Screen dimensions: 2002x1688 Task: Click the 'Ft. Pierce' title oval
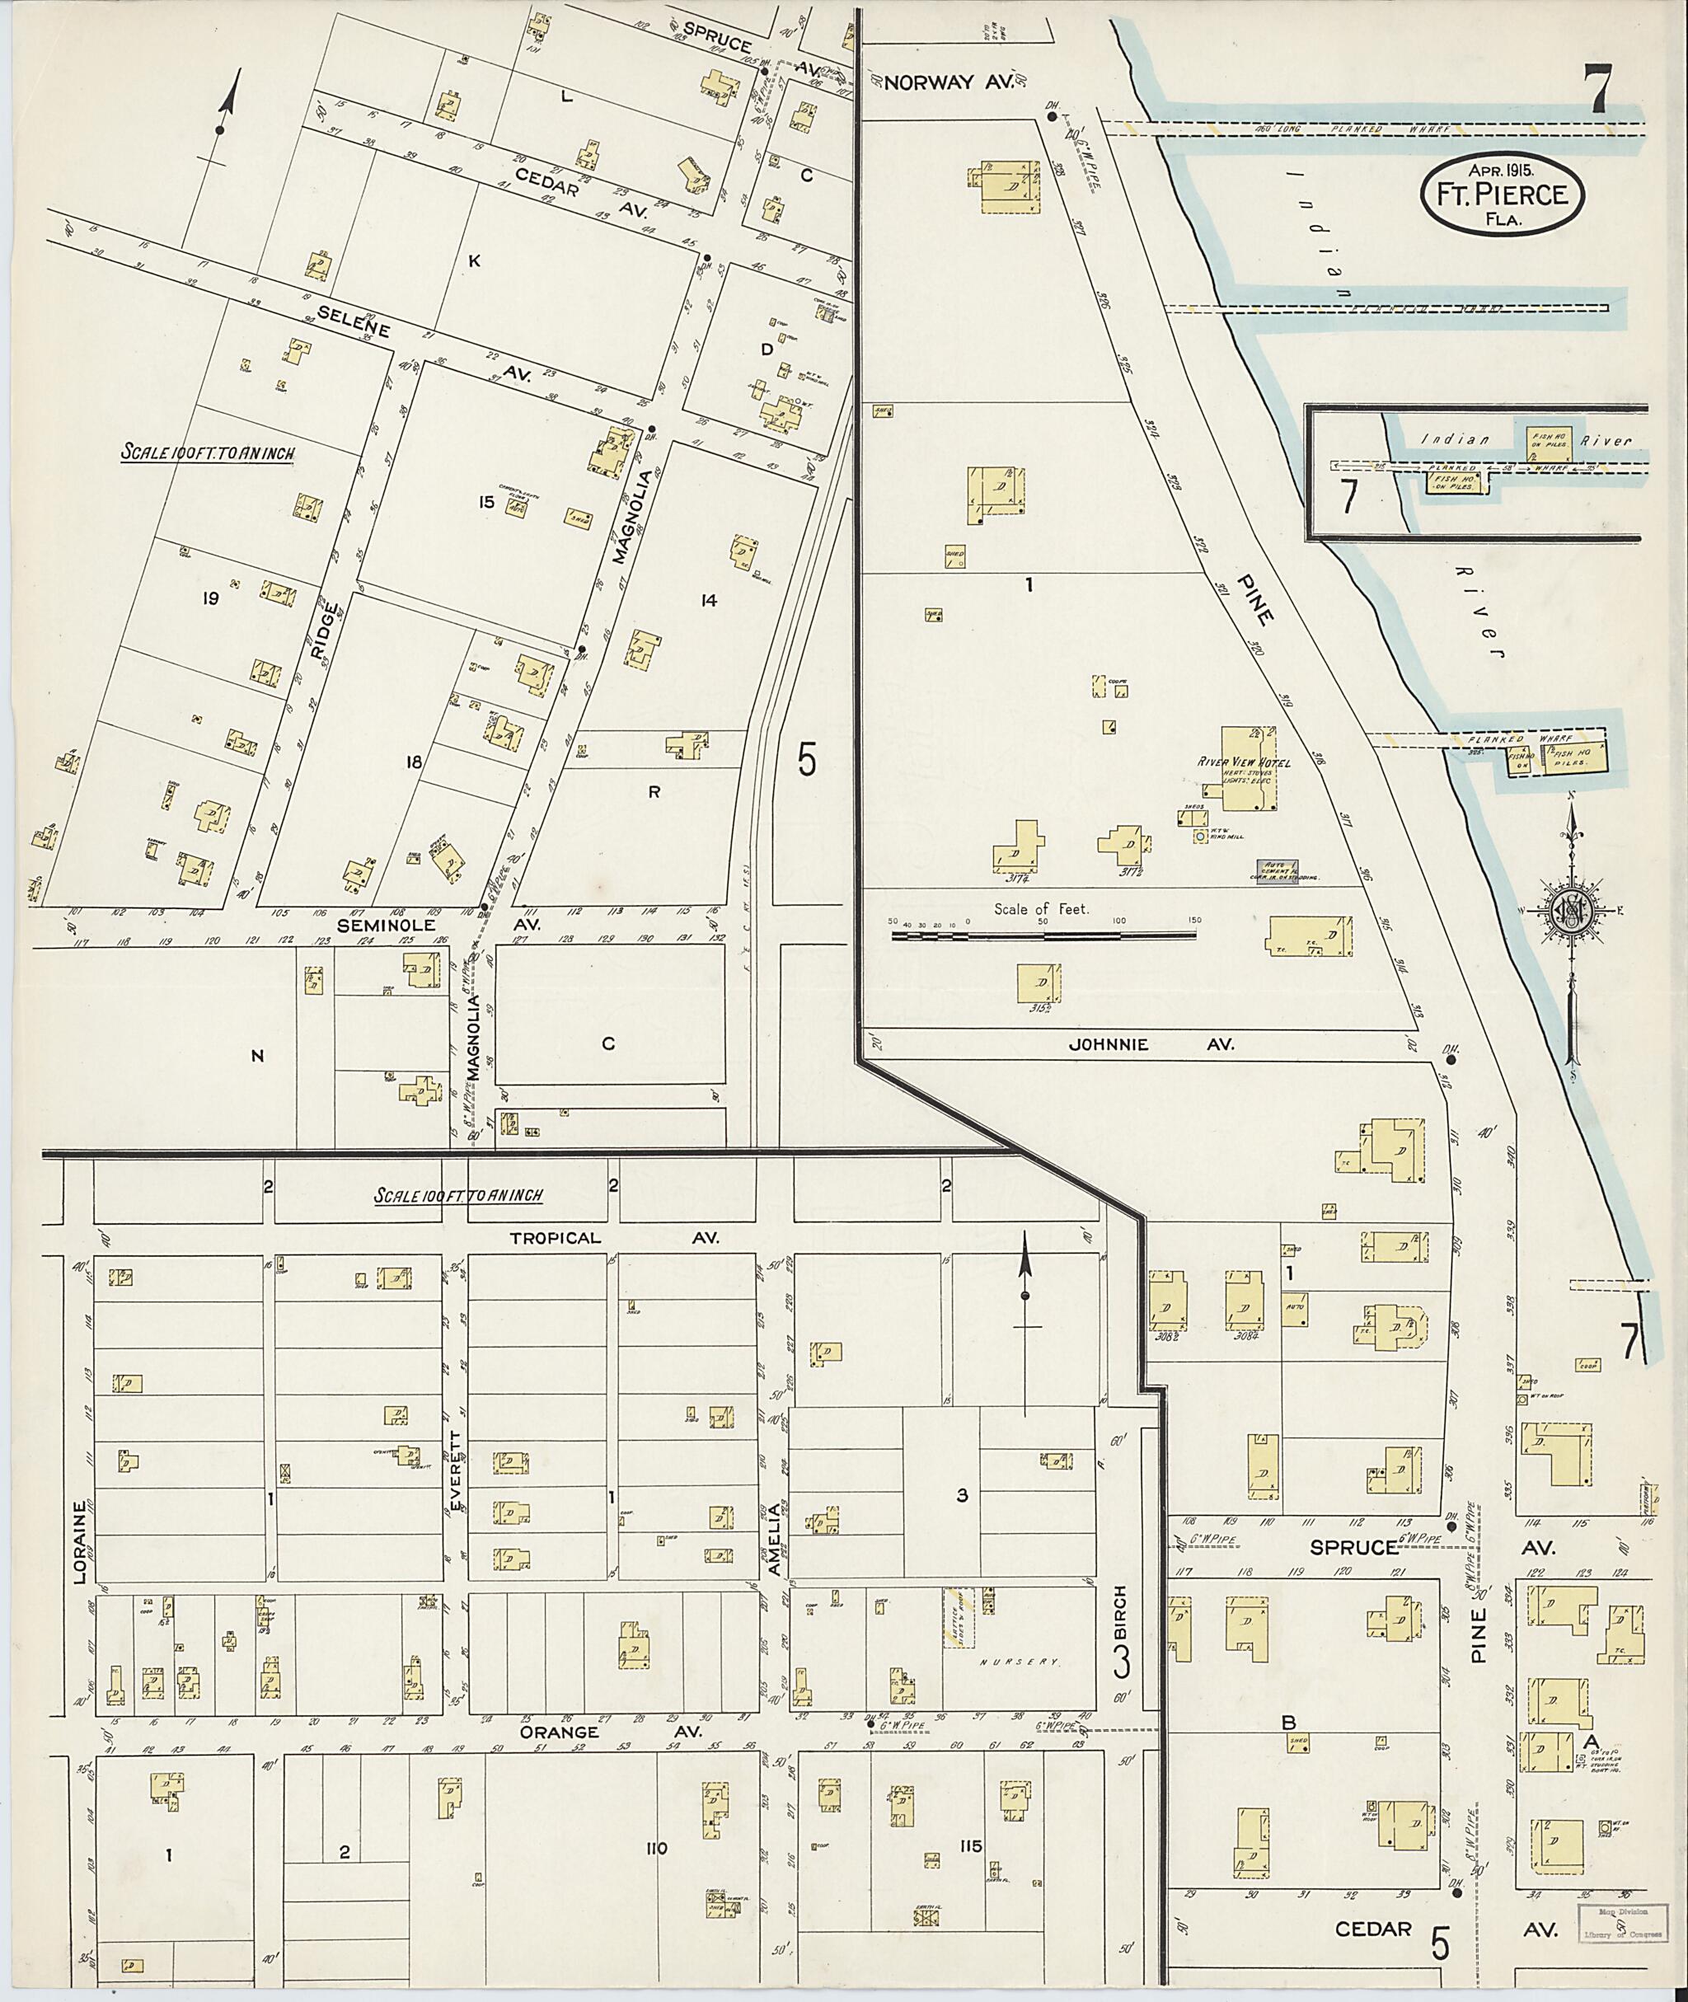coord(1502,195)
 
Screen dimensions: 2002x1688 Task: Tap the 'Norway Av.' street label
coord(949,83)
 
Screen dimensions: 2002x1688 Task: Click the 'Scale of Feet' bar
coord(1045,937)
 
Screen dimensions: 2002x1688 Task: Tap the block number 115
coord(970,1847)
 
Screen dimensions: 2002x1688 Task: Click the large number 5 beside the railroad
coord(807,761)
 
